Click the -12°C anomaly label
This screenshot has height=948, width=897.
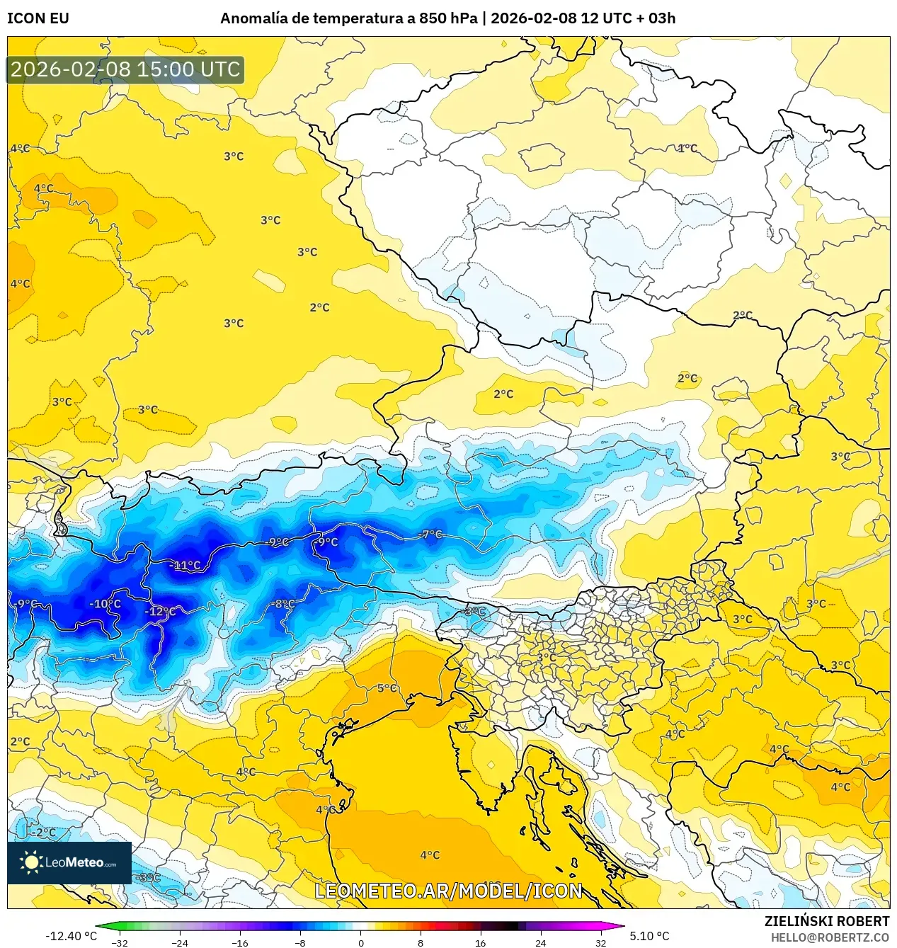pos(161,612)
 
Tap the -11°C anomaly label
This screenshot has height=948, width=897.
pos(186,566)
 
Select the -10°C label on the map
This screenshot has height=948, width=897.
pos(105,604)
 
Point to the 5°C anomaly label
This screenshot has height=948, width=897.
pos(387,688)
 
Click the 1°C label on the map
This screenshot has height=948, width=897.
pos(687,149)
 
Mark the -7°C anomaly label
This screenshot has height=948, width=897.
pos(431,535)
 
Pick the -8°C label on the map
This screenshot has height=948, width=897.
pos(283,604)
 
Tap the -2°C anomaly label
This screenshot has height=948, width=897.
pos(44,833)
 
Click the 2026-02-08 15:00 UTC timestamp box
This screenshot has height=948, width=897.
pos(125,69)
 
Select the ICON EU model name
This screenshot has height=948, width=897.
pos(38,18)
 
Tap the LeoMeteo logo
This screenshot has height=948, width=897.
pos(69,862)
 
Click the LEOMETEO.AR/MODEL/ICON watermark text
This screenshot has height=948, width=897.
pos(448,891)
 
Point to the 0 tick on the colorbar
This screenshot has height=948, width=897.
pos(360,942)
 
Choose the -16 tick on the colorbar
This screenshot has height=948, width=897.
pos(240,942)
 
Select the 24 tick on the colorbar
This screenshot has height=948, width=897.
pos(540,942)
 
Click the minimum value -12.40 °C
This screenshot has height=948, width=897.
pos(71,936)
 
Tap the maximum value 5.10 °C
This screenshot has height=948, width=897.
pos(649,936)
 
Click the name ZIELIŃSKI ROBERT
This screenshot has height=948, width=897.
pos(826,921)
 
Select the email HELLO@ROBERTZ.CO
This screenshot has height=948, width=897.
pos(829,937)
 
